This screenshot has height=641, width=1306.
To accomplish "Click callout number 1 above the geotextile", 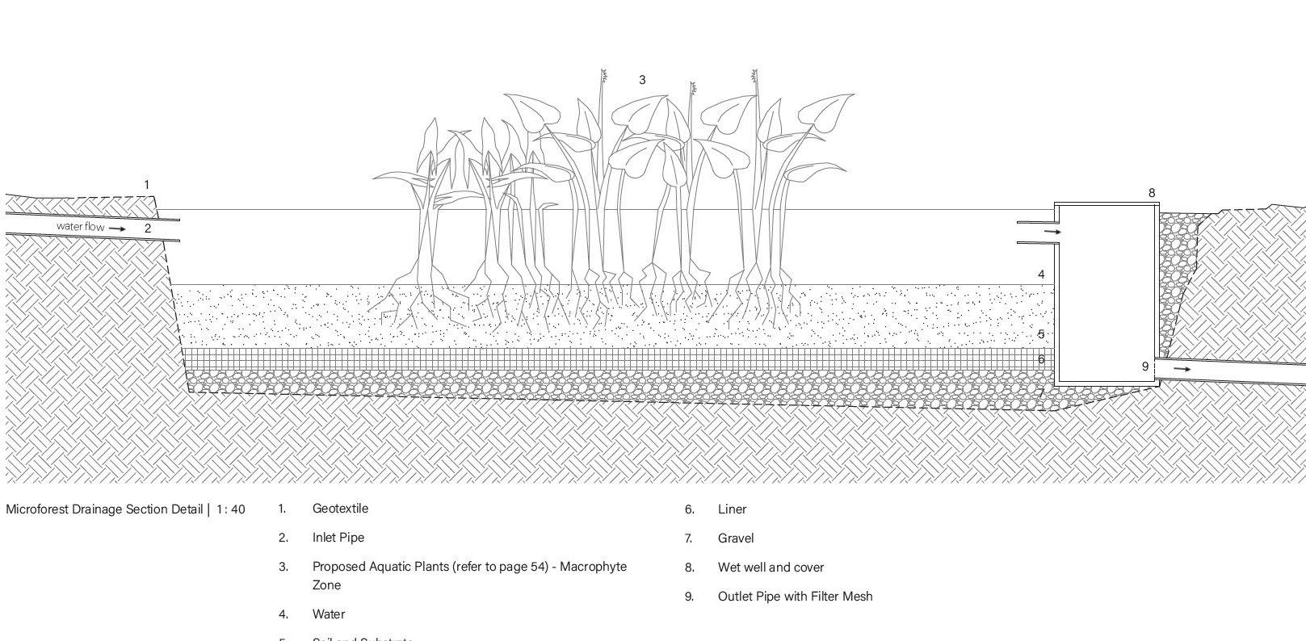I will click(x=146, y=185).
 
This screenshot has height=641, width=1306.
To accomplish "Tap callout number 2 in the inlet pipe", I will click(x=148, y=228).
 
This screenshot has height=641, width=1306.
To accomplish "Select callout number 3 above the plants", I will click(x=642, y=80).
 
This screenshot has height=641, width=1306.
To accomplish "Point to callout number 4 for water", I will click(x=1041, y=274).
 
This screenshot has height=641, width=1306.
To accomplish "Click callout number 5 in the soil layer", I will click(x=1041, y=333).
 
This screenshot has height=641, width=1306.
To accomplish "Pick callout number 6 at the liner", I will click(x=1041, y=359).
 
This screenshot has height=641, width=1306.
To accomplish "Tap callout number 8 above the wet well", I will click(x=1152, y=193).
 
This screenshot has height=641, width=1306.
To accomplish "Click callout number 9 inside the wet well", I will click(x=1144, y=367).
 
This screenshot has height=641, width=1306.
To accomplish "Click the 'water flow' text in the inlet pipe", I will click(x=80, y=227).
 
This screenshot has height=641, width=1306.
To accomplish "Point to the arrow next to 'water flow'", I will click(x=117, y=228).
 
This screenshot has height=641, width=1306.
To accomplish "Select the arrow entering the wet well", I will click(x=1052, y=233).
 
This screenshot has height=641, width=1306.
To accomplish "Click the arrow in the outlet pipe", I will click(x=1182, y=369).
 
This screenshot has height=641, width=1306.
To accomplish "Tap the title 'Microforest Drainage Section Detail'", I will click(x=104, y=509).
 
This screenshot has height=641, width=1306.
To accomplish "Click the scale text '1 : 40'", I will click(x=230, y=509).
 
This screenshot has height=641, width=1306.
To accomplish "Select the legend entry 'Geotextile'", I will click(x=340, y=509).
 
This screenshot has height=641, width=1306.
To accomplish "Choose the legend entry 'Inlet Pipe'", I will click(x=338, y=538).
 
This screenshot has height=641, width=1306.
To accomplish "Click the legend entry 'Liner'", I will click(x=732, y=509).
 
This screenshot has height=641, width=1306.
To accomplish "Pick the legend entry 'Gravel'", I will click(x=735, y=538).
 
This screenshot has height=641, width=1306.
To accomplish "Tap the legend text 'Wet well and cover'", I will click(x=771, y=568).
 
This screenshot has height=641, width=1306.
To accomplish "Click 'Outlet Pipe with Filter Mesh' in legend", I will click(x=795, y=597).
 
